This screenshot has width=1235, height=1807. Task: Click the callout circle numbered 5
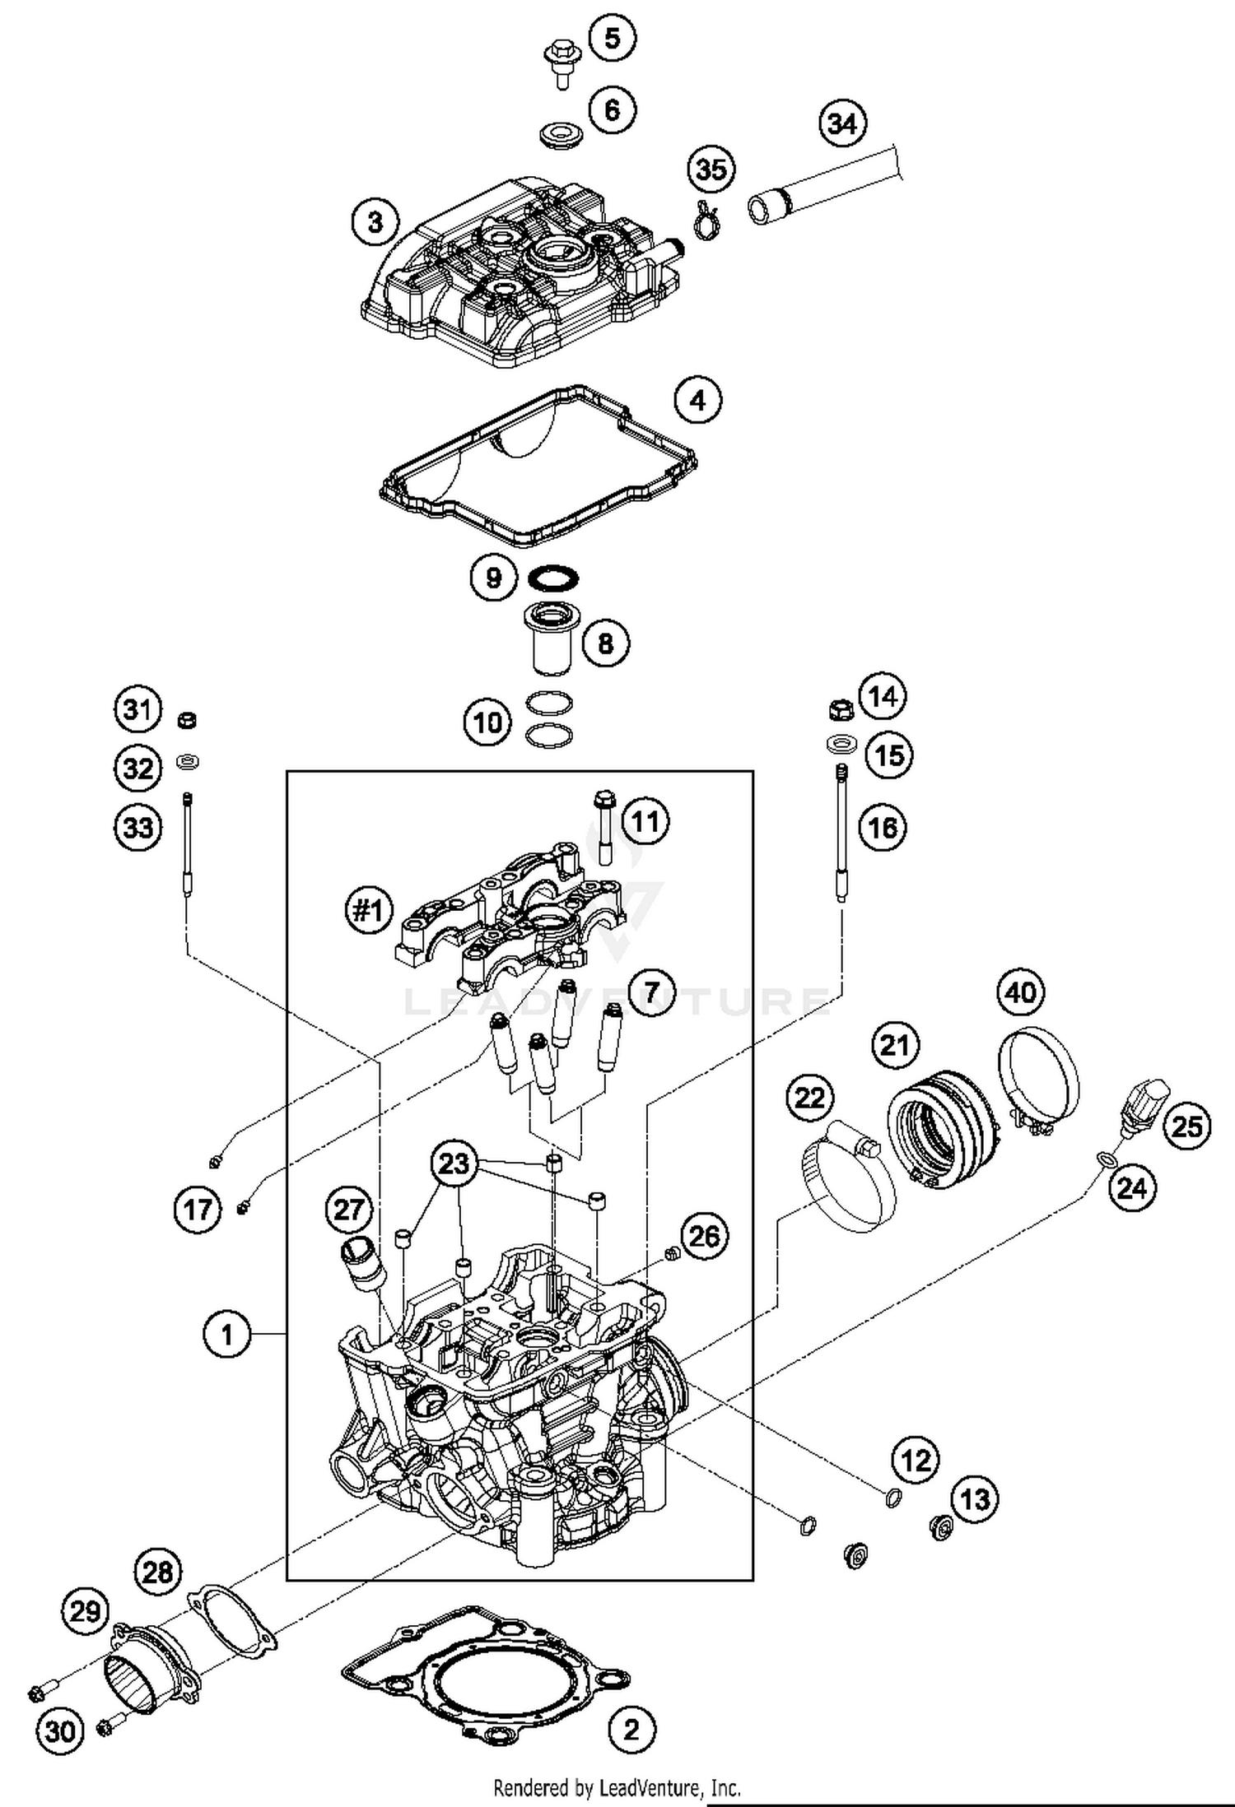[x=612, y=37]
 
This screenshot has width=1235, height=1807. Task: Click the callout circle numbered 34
[x=842, y=123]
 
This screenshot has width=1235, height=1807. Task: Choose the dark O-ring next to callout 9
[x=552, y=578]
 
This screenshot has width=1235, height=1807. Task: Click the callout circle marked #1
[x=369, y=911]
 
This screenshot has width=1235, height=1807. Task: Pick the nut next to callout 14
[x=840, y=708]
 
